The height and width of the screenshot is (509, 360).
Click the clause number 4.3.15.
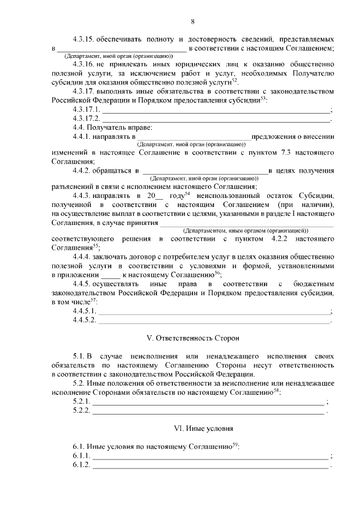84,40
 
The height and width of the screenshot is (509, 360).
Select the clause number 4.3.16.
84,65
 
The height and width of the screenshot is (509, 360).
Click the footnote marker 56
217,272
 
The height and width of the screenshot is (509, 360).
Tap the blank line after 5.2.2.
208,412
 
